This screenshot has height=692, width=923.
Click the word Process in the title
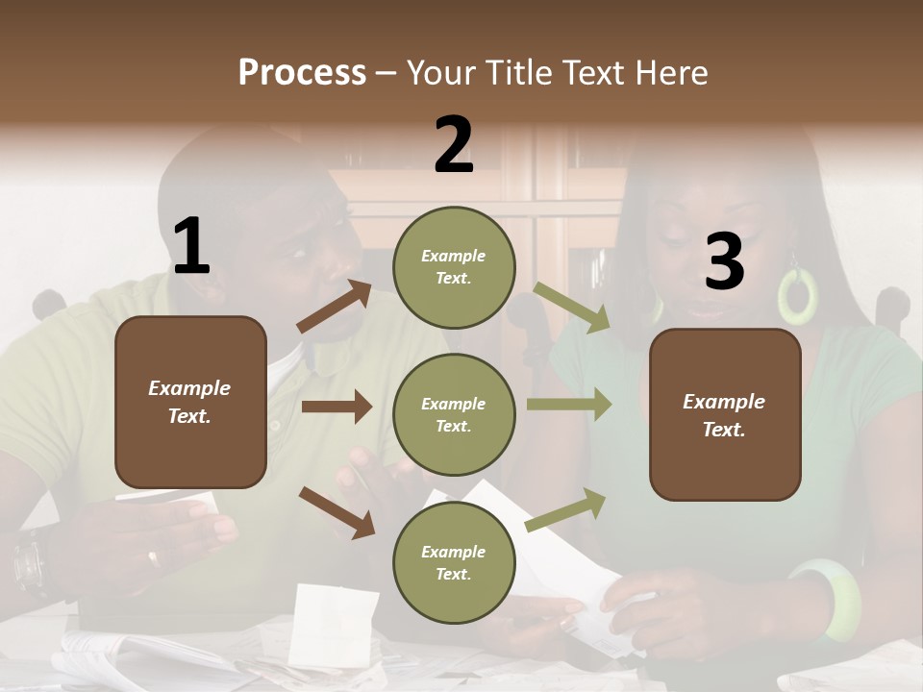(302, 72)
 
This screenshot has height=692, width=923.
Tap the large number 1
(191, 246)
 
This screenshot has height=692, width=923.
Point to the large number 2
(454, 145)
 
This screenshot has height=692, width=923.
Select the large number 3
(724, 262)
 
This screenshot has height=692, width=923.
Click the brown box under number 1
(190, 402)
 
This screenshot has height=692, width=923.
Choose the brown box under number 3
(725, 414)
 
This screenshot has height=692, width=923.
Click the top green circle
(454, 267)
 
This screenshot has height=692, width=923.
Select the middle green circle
(454, 414)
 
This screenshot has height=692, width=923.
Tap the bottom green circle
(454, 562)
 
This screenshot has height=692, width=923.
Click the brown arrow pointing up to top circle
(335, 307)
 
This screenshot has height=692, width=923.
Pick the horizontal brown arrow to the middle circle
(337, 407)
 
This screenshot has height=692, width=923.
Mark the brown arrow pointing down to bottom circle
(337, 511)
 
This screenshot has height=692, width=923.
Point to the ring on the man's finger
(153, 557)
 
